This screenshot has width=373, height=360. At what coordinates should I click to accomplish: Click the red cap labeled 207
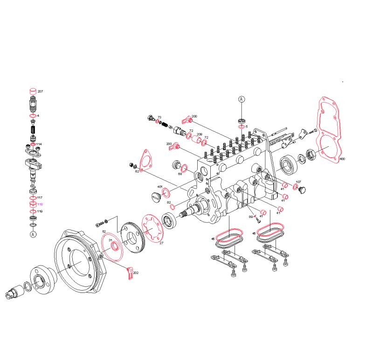coord(33,90)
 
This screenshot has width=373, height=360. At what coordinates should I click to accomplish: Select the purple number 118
coord(40,204)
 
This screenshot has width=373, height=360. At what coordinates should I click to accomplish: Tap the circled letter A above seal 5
coord(242,99)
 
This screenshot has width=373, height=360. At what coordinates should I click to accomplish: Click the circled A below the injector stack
coord(33,234)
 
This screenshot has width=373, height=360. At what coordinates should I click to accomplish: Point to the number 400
coord(342,159)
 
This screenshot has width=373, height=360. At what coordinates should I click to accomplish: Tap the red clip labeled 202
coord(130,273)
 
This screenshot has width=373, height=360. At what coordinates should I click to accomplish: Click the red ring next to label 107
coord(296,187)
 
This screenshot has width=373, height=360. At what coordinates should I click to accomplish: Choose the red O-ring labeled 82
coord(172,206)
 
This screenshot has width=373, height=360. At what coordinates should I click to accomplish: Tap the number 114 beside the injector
coord(40,144)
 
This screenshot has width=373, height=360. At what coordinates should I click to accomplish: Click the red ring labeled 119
coord(33,212)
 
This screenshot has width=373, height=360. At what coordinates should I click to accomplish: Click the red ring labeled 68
coord(185,168)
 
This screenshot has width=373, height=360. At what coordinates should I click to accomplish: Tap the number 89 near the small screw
coord(251,217)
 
